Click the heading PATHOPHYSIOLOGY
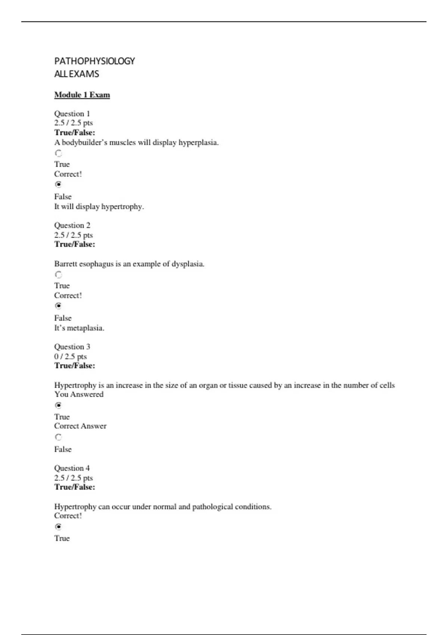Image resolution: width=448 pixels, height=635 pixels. point(94,61)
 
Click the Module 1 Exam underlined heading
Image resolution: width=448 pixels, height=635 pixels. point(82,95)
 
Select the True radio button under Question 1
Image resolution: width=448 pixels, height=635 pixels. point(58,153)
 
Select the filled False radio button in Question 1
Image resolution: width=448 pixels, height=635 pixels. point(58,184)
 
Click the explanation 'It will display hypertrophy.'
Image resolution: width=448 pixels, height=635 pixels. point(99,207)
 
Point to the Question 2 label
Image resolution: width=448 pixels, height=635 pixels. point(72,225)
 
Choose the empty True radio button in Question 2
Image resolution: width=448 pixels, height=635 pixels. point(58,275)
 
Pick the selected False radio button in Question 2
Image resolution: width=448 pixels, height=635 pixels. point(58,306)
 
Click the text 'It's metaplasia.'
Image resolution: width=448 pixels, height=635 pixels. point(79,328)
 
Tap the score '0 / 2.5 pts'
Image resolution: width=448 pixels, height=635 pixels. point(70,356)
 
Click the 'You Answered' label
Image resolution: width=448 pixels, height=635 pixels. point(79,394)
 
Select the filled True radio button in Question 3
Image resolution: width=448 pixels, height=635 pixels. point(58,405)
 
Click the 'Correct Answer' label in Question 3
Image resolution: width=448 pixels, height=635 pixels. point(80,426)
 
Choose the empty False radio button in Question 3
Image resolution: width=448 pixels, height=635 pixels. point(58,437)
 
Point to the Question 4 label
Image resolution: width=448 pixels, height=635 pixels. point(72,468)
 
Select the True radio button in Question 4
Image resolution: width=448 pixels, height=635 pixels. point(58,527)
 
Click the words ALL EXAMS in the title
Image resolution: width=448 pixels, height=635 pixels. point(77,74)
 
